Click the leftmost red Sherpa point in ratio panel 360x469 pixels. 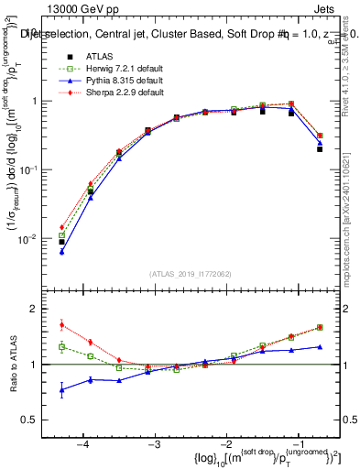click(x=61, y=324)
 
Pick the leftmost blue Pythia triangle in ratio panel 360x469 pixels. click(x=61, y=390)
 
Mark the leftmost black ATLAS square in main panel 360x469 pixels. click(x=61, y=242)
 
